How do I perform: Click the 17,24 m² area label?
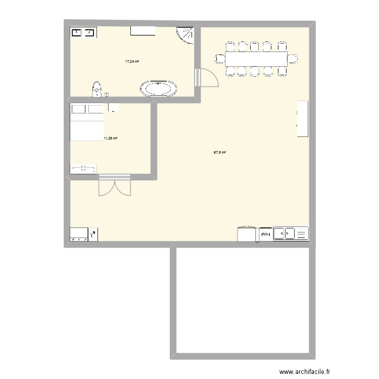[x=132, y=62]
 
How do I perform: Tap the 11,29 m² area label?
[x=110, y=138]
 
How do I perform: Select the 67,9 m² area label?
[x=220, y=152]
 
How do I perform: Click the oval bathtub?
[x=159, y=89]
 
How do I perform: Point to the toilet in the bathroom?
[x=97, y=89]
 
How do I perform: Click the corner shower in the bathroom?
[x=186, y=35]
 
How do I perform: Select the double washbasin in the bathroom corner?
[x=83, y=33]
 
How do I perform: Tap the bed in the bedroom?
[x=87, y=122]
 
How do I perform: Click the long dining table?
[x=256, y=59]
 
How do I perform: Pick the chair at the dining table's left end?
[x=220, y=59]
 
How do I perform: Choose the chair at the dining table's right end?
[x=293, y=59]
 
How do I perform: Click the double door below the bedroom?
[x=115, y=185]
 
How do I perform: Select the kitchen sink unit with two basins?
[x=290, y=233]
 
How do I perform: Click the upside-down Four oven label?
[x=265, y=234]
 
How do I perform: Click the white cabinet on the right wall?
[x=302, y=119]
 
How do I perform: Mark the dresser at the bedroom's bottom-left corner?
[x=84, y=169]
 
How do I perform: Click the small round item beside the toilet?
[x=106, y=94]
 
